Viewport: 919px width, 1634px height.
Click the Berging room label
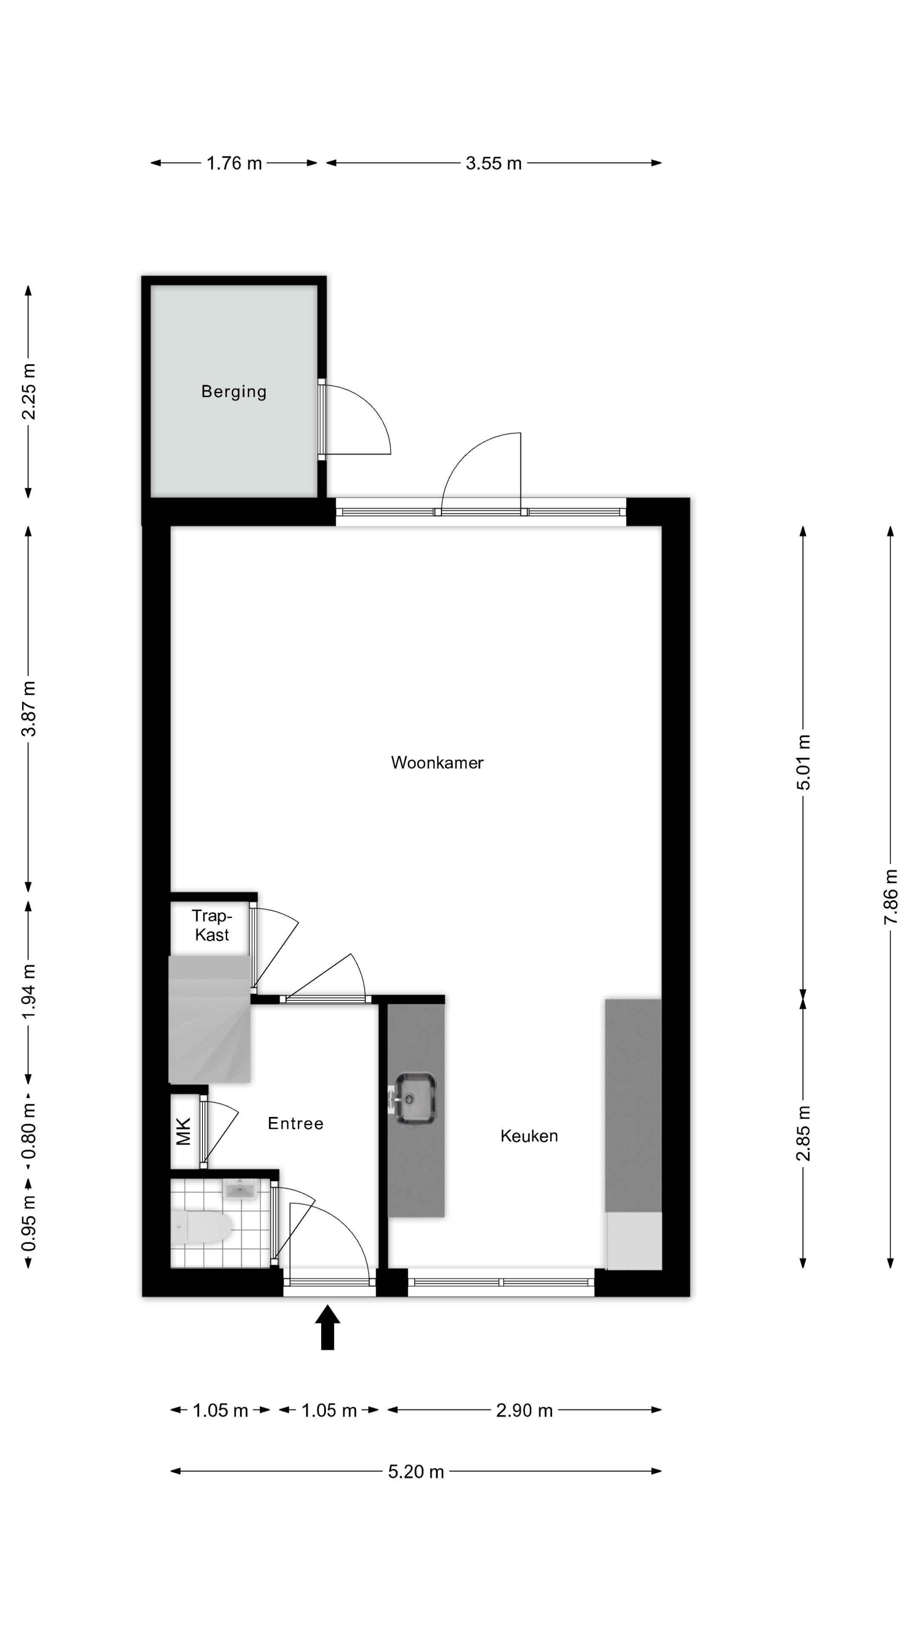[234, 391]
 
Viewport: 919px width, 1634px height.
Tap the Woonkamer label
[437, 763]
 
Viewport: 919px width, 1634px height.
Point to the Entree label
[296, 1123]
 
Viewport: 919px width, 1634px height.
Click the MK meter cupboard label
[183, 1131]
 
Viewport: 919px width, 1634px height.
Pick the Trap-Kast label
[212, 925]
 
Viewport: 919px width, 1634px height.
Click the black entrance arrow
[327, 1327]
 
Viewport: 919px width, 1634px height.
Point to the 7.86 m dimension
[890, 897]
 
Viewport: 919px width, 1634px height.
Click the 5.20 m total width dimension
[416, 1471]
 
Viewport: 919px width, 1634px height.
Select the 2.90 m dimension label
[525, 1411]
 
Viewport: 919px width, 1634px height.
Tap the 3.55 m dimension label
[494, 163]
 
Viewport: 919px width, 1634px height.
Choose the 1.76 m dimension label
[234, 163]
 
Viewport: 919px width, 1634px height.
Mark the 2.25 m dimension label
[29, 391]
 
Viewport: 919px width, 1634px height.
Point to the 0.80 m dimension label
[29, 1130]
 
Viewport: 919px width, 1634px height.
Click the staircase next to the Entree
[209, 1020]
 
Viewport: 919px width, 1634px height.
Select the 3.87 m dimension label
[29, 708]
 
